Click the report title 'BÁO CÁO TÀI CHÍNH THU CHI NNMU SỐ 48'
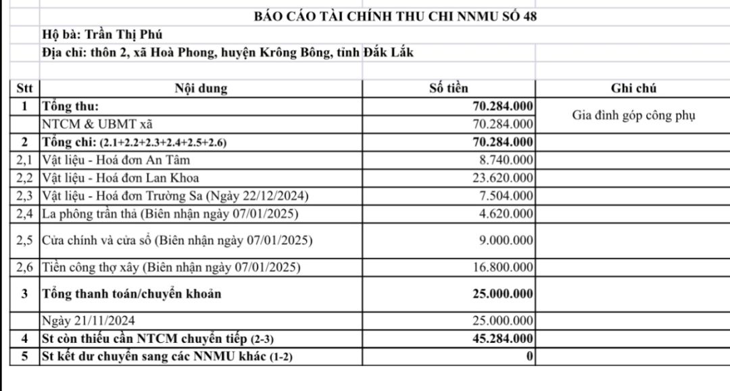[x=395, y=17]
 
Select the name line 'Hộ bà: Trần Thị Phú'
[x=102, y=34]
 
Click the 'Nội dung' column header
[x=201, y=89]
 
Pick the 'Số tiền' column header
[x=448, y=89]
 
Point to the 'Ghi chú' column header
[x=633, y=89]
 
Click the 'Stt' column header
[x=24, y=89]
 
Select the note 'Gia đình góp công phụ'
[x=633, y=115]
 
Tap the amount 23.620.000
[x=501, y=179]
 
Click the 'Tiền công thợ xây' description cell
[x=171, y=267]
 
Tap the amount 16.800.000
[x=501, y=267]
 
